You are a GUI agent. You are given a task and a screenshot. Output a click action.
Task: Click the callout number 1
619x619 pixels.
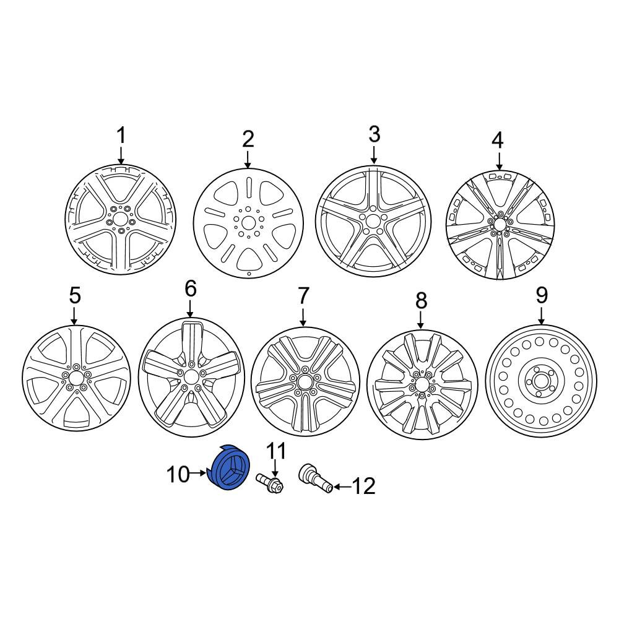pyautogui.click(x=121, y=136)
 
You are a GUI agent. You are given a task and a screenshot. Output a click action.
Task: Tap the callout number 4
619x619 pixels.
pyautogui.click(x=498, y=141)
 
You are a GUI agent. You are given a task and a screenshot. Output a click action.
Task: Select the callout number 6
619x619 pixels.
pyautogui.click(x=190, y=288)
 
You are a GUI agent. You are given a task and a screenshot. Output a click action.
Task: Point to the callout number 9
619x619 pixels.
pyautogui.click(x=542, y=295)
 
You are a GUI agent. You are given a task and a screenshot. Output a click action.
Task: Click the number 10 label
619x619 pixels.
pyautogui.click(x=178, y=474)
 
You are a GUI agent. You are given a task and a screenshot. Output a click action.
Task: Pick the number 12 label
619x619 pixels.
pyautogui.click(x=363, y=486)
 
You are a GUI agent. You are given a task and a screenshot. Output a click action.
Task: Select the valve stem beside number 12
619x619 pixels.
pyautogui.click(x=316, y=478)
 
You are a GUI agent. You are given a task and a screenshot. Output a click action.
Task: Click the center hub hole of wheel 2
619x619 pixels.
pyautogui.click(x=248, y=223)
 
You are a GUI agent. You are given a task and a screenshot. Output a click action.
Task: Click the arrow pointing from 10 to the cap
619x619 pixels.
pyautogui.click(x=199, y=472)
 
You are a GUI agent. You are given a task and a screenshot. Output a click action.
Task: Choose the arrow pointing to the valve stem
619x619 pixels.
pyautogui.click(x=342, y=487)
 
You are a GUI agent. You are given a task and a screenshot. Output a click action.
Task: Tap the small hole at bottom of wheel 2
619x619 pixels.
pyautogui.click(x=249, y=274)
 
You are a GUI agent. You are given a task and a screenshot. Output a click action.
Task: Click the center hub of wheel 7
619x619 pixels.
pyautogui.click(x=305, y=381)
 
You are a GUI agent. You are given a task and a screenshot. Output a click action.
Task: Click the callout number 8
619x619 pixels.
pyautogui.click(x=421, y=301)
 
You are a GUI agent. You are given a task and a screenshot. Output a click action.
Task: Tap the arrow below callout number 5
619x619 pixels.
pyautogui.click(x=74, y=315)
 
